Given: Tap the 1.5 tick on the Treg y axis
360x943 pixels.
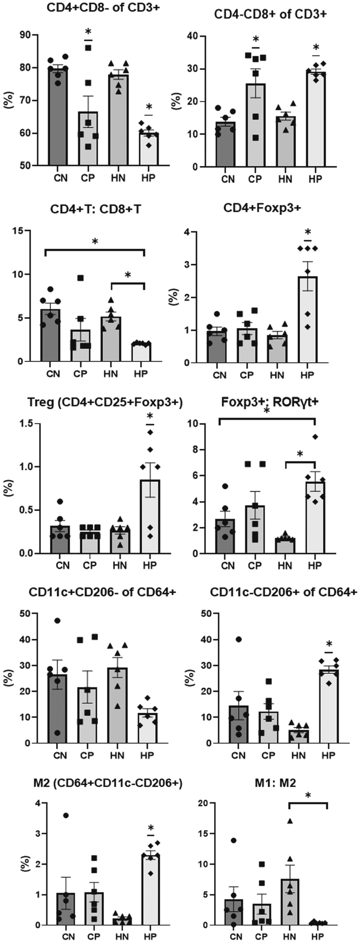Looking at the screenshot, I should [x=26, y=423].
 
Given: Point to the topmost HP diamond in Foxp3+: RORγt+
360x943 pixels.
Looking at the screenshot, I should [x=315, y=437].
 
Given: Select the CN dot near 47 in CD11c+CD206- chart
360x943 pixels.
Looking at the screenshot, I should [x=57, y=620].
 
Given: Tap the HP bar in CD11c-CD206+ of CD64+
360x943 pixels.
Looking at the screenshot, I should [x=329, y=706].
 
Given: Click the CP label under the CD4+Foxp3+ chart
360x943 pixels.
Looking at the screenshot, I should [x=247, y=375].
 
